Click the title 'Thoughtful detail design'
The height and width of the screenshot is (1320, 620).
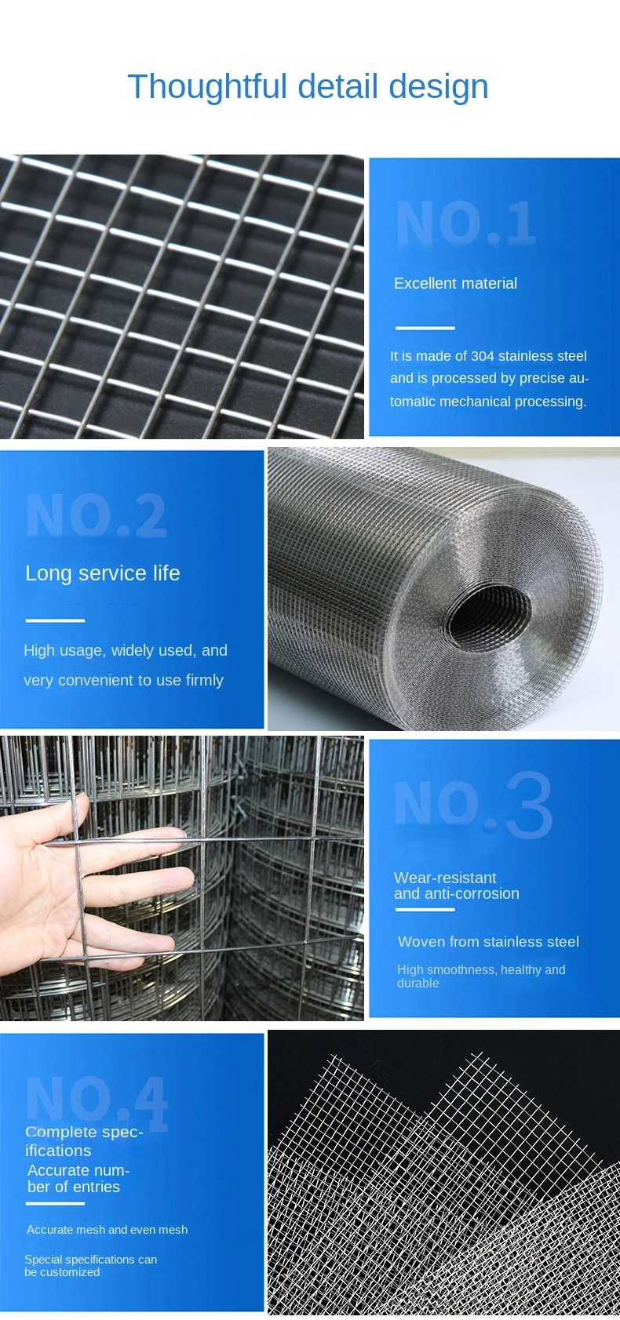click(308, 87)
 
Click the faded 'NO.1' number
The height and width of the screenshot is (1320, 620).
click(465, 224)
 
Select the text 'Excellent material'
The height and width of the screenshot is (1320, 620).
click(455, 284)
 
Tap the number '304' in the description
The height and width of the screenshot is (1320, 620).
click(482, 356)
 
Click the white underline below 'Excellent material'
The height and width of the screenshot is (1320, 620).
click(425, 328)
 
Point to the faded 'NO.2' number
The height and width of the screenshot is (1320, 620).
click(96, 516)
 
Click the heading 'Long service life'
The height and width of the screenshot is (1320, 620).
click(103, 573)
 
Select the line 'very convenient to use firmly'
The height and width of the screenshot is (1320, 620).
click(123, 681)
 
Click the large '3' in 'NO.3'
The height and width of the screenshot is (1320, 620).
click(528, 806)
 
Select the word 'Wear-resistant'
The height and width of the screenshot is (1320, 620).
click(445, 878)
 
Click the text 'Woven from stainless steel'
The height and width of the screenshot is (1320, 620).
click(488, 942)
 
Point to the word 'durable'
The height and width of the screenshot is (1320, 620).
click(418, 984)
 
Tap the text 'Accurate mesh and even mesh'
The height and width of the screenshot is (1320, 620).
click(107, 1230)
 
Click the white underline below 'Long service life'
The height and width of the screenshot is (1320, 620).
click(55, 620)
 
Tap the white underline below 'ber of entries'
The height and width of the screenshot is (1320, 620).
click(55, 1203)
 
